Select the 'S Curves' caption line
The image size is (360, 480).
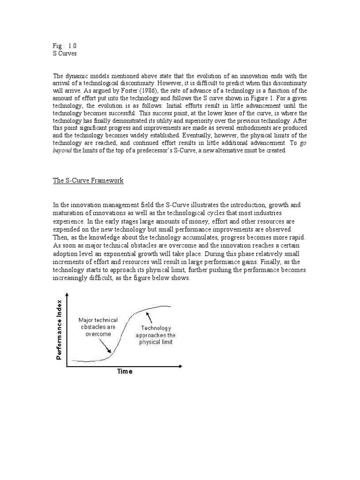[65, 54]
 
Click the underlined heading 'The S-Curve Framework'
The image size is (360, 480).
[88, 180]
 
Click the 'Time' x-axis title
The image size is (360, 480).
[124, 372]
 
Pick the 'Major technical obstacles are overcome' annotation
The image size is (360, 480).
[98, 327]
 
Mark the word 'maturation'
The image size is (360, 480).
[68, 214]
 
